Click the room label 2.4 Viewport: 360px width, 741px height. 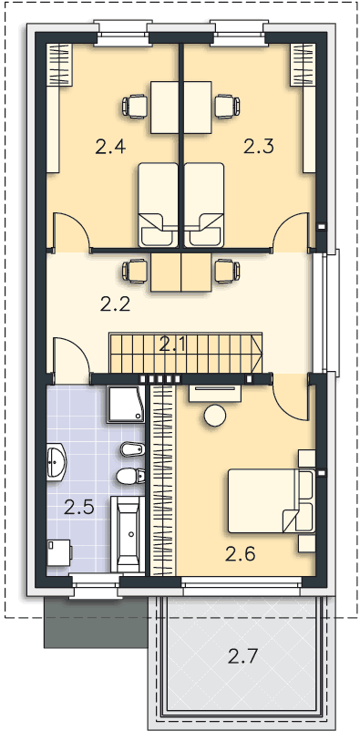pyautogui.click(x=110, y=147)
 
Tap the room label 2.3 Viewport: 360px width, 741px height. pyautogui.click(x=259, y=147)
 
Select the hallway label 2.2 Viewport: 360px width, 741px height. pyautogui.click(x=115, y=304)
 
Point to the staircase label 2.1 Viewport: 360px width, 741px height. pyautogui.click(x=172, y=345)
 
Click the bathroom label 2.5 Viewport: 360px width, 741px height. pyautogui.click(x=79, y=508)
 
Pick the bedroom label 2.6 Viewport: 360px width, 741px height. pyautogui.click(x=240, y=553)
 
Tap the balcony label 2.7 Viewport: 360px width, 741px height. pyautogui.click(x=242, y=656)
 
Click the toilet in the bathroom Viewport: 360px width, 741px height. pyautogui.click(x=130, y=476)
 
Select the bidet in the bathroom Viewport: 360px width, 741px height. pyautogui.click(x=132, y=449)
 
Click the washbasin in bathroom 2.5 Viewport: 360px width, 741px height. pyautogui.click(x=57, y=461)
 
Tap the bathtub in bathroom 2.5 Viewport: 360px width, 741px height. pyautogui.click(x=128, y=534)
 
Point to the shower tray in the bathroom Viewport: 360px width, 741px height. pyautogui.click(x=125, y=404)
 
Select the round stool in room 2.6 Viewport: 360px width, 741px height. pyautogui.click(x=215, y=416)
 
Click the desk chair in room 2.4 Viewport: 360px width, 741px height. pyautogui.click(x=135, y=106)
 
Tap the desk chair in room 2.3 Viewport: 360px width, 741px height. pyautogui.click(x=227, y=106)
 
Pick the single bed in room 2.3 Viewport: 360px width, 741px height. pyautogui.click(x=204, y=205)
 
